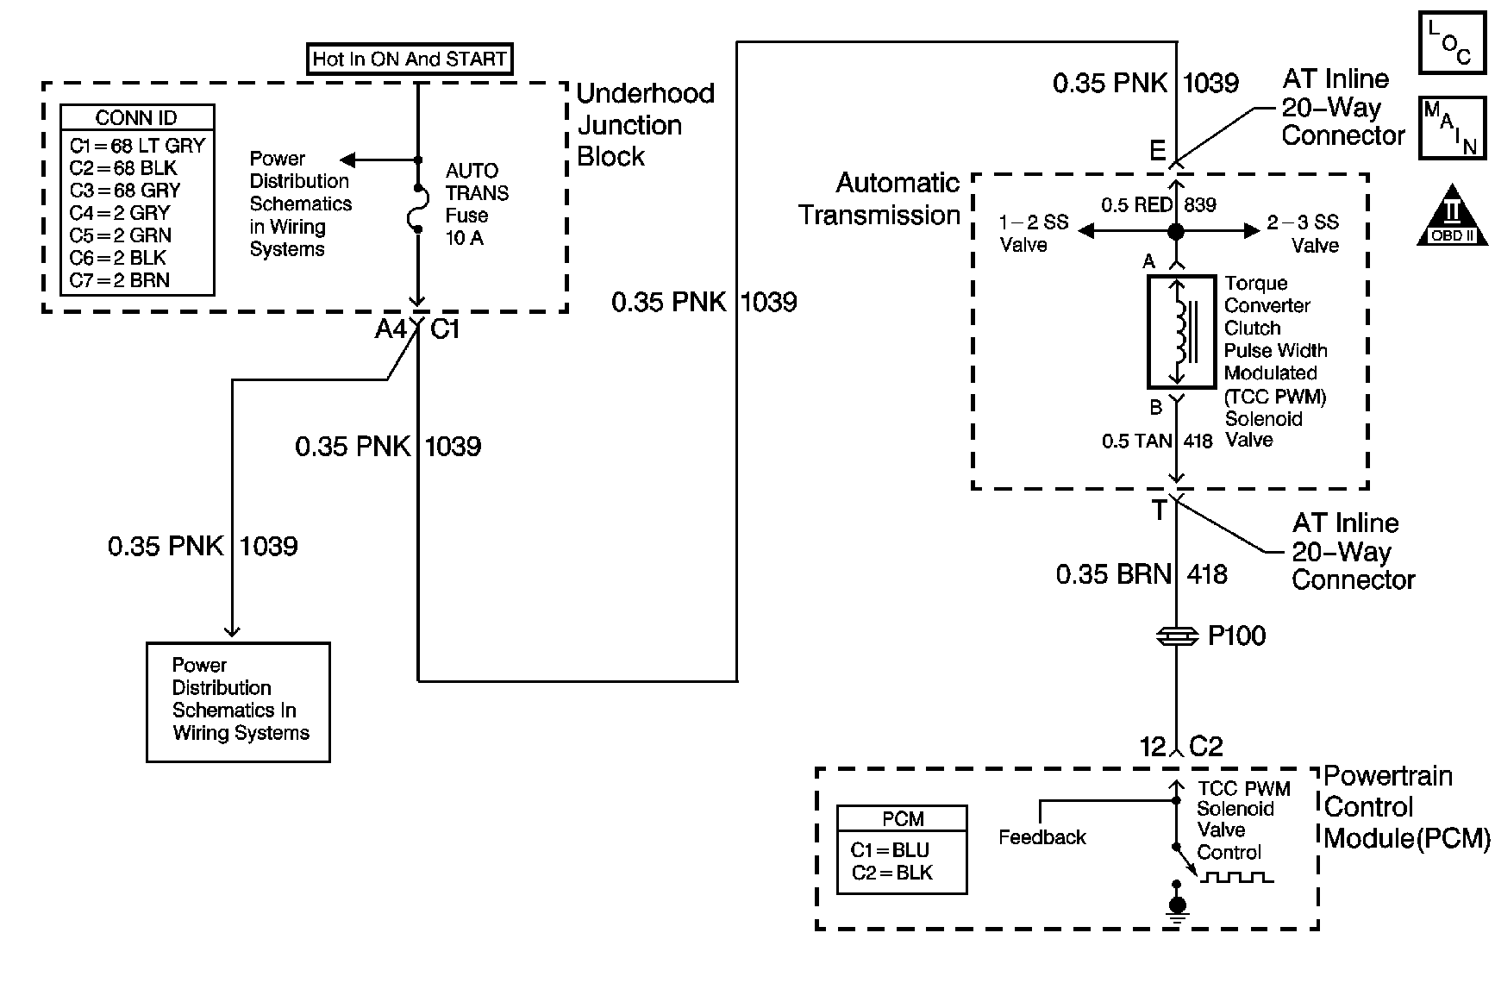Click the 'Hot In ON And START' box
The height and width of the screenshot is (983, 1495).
[x=409, y=59]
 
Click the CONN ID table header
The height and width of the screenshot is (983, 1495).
[x=136, y=118]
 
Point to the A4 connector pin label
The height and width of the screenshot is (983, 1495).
[x=390, y=329]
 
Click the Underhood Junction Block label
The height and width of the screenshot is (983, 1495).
[x=645, y=125]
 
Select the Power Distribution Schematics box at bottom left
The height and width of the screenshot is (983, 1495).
[x=238, y=701]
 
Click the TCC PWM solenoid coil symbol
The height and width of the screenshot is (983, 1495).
[x=1178, y=333]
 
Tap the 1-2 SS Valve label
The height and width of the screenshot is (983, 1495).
[x=1032, y=234]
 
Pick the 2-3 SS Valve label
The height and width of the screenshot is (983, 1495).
[x=1304, y=234]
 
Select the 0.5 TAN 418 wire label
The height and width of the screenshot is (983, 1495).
[x=1156, y=441]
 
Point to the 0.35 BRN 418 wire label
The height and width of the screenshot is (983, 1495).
[x=1141, y=574]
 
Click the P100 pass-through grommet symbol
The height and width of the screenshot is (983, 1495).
[x=1177, y=636]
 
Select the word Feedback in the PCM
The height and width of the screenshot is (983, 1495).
[x=1041, y=837]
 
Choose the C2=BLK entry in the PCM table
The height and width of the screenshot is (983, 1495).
[x=892, y=873]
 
